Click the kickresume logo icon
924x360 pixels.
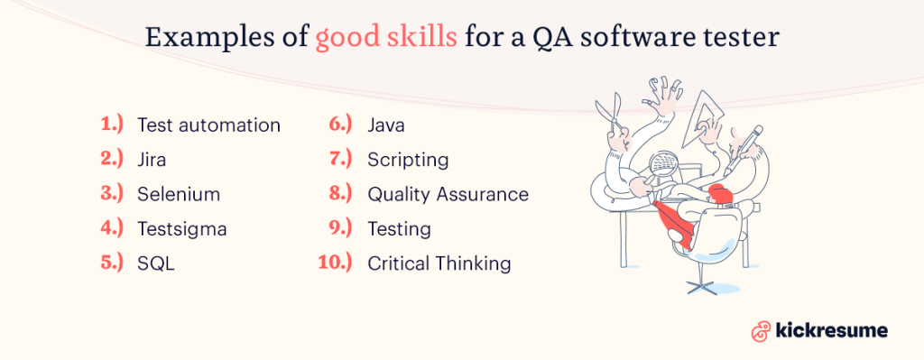760,330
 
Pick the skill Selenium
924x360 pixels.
178,194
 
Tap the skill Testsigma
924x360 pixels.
181,229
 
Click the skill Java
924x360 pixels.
385,125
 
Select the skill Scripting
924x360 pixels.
408,160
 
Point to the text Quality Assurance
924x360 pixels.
448,194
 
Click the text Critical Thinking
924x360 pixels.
439,264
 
